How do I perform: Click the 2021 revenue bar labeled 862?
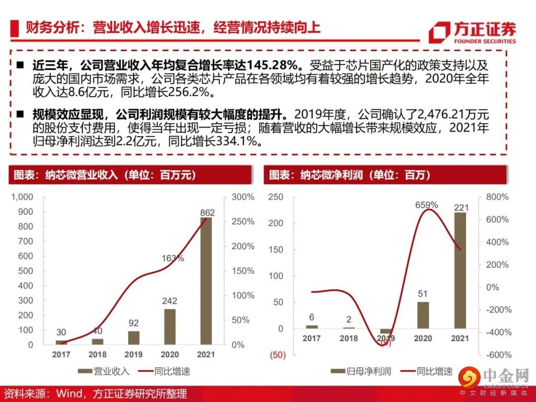(206, 280)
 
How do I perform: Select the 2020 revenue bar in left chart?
(170, 327)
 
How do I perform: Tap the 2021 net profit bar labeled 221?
(460, 270)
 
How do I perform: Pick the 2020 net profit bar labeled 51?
(423, 315)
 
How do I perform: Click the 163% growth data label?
(173, 258)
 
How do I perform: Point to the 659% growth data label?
(426, 204)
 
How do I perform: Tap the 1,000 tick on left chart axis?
(22, 197)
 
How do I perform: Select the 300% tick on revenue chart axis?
(243, 197)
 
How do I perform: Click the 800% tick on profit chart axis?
(497, 197)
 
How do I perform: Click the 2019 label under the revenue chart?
(134, 355)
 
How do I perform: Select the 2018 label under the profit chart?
(348, 338)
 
